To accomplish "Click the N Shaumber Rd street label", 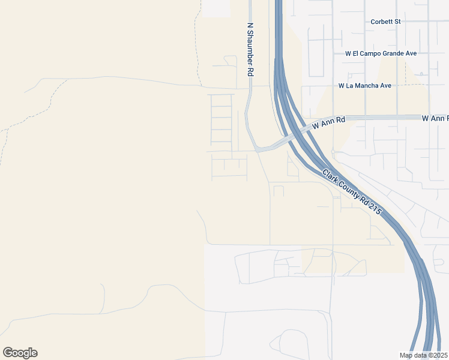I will [250, 49].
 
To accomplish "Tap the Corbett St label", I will [385, 22].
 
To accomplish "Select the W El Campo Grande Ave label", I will [381, 53].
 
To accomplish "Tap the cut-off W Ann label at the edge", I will [435, 119].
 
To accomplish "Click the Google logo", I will [20, 353].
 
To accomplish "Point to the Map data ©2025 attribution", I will [423, 355].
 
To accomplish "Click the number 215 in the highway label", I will [375, 209].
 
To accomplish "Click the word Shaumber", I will [250, 53].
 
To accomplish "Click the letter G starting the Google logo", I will [7, 353].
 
